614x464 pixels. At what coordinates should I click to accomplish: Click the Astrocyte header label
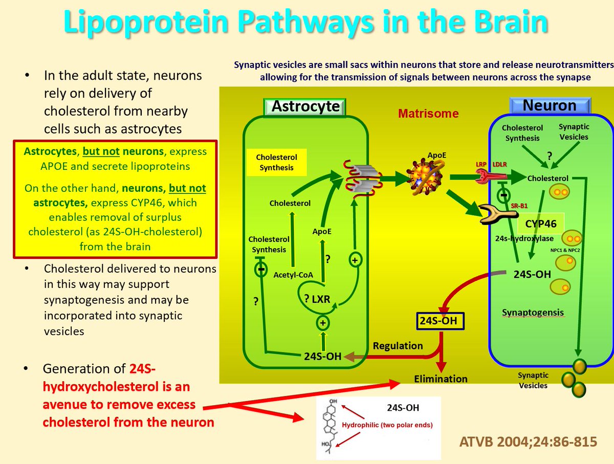(x=305, y=106)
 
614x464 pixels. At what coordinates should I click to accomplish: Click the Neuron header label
(x=550, y=106)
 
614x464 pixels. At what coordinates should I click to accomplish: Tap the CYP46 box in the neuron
(x=540, y=223)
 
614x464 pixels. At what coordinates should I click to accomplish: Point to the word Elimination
(x=441, y=379)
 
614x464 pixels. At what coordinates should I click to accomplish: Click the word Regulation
(x=398, y=345)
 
